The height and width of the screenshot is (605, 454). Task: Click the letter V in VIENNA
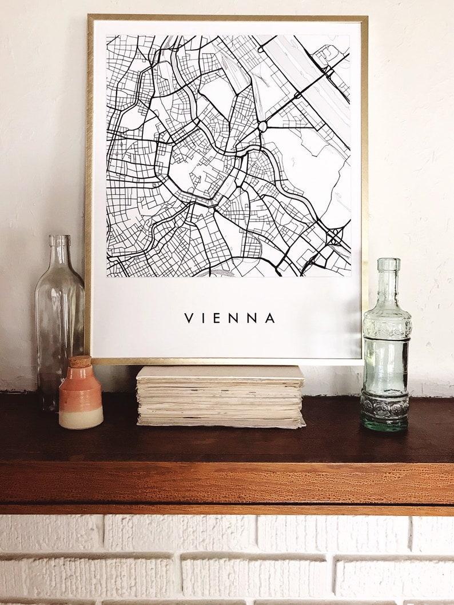tap(188, 318)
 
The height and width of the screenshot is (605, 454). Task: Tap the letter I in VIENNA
tap(204, 318)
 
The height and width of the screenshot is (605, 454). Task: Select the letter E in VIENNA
tap(218, 318)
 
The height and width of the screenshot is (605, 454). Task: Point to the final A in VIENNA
tap(270, 318)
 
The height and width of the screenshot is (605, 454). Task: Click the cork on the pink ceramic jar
tap(80, 361)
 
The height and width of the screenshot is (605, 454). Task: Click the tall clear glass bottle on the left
tap(59, 320)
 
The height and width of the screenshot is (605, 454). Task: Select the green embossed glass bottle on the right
tap(387, 354)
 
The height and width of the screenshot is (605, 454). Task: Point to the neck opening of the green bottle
tap(388, 262)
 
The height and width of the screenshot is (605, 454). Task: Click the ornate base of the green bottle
tap(385, 410)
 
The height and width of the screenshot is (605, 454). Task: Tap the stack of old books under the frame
tap(220, 400)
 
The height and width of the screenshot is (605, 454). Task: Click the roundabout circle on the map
tap(262, 126)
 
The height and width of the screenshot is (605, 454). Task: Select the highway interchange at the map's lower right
tap(334, 235)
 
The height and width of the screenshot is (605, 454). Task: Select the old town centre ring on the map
tap(200, 165)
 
